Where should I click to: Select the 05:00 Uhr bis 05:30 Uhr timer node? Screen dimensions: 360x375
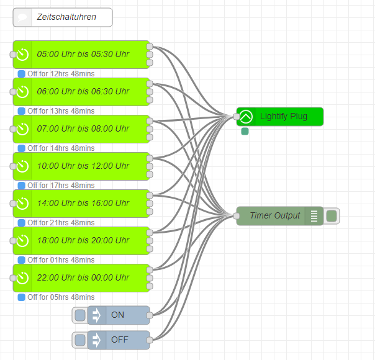point(83,55)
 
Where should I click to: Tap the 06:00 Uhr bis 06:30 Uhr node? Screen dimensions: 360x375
point(83,92)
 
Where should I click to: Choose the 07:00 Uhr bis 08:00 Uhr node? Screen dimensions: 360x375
point(83,129)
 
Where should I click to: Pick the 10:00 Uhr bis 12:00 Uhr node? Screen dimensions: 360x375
point(83,166)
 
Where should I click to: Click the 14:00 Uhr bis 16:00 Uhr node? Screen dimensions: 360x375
point(83,204)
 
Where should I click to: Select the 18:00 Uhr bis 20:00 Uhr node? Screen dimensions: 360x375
point(83,241)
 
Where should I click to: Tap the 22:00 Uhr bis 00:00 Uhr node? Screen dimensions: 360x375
point(83,278)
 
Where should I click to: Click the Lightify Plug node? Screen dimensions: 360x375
point(283,117)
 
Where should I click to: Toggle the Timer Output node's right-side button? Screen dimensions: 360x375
point(332,216)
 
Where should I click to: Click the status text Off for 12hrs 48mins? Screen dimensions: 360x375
point(61,74)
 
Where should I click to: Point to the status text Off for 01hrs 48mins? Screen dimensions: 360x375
point(61,260)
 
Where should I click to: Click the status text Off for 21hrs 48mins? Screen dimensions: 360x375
point(61,223)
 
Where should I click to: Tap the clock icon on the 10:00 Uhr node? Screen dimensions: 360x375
point(22,166)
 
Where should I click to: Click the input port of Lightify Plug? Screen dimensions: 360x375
point(237,117)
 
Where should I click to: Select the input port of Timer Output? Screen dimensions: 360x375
point(237,216)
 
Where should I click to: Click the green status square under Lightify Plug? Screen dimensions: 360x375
point(245,131)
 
